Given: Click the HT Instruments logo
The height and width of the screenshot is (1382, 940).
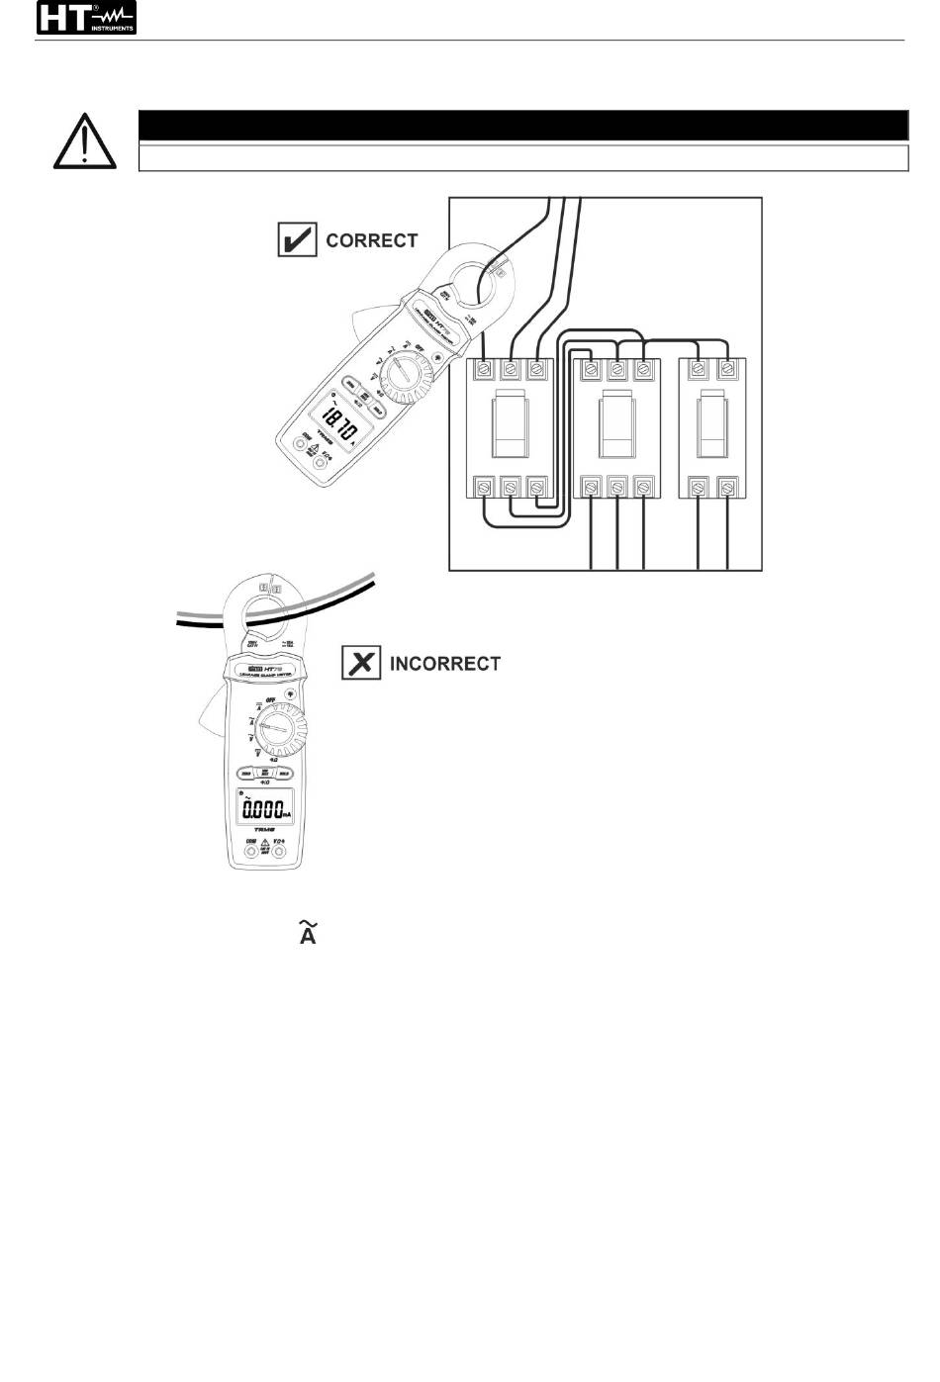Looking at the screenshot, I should (x=86, y=18).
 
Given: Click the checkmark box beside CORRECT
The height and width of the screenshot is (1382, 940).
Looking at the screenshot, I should (x=297, y=240).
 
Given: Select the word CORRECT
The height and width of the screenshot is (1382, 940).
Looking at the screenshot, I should (x=372, y=240).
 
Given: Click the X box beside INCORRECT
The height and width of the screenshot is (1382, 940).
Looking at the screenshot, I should (x=361, y=662).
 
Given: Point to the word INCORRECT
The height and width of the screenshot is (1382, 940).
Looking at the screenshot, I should (x=445, y=663).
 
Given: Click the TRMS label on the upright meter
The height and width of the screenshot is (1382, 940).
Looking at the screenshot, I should (x=263, y=829).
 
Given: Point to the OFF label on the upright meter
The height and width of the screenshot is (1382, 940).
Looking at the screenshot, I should (x=267, y=700).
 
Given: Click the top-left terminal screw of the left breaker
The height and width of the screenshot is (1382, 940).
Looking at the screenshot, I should (x=484, y=369).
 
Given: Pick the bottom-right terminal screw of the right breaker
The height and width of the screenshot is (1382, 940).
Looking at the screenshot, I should (x=728, y=488).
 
